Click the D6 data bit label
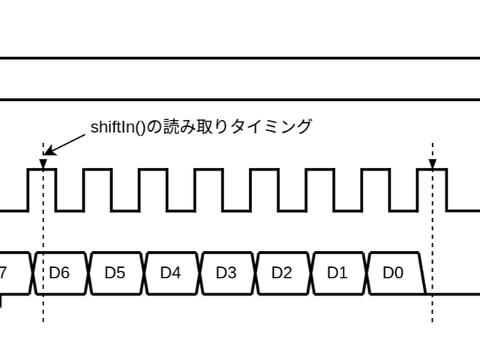[x=60, y=273]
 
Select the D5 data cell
[x=115, y=273]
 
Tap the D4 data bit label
[x=170, y=273]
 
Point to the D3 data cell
[x=226, y=273]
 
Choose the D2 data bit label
[x=281, y=273]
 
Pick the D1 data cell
[x=337, y=273]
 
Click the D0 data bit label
[x=392, y=273]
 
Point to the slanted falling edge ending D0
[x=422, y=273]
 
